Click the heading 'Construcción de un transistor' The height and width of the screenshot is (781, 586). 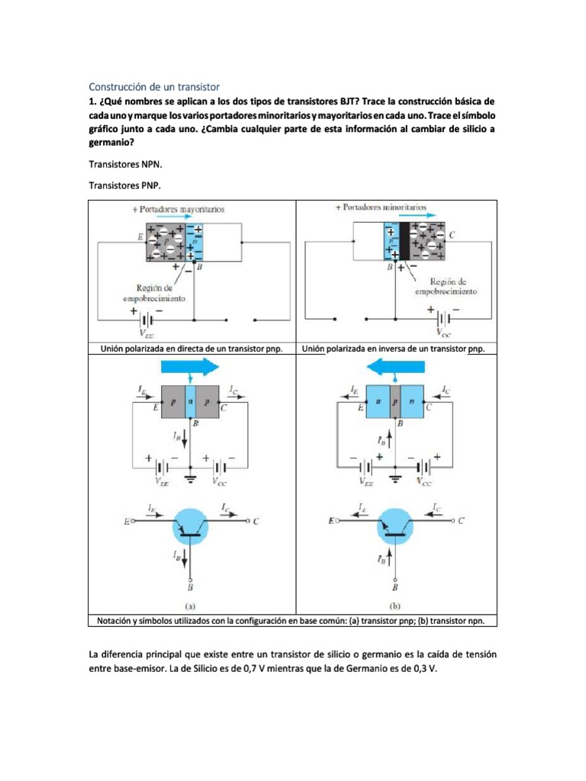154,87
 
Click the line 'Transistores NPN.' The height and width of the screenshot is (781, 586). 125,163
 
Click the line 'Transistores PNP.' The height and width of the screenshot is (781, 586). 125,185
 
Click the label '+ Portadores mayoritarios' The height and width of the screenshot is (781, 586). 168,208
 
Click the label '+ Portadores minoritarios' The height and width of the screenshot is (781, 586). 381,207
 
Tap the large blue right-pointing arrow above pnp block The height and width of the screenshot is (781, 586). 189,367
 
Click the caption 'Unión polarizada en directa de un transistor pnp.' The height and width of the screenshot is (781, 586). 192,349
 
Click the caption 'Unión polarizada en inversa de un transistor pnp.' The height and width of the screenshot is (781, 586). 394,349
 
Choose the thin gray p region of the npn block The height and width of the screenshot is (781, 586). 395,401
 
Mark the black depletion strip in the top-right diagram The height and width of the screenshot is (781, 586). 404,240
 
